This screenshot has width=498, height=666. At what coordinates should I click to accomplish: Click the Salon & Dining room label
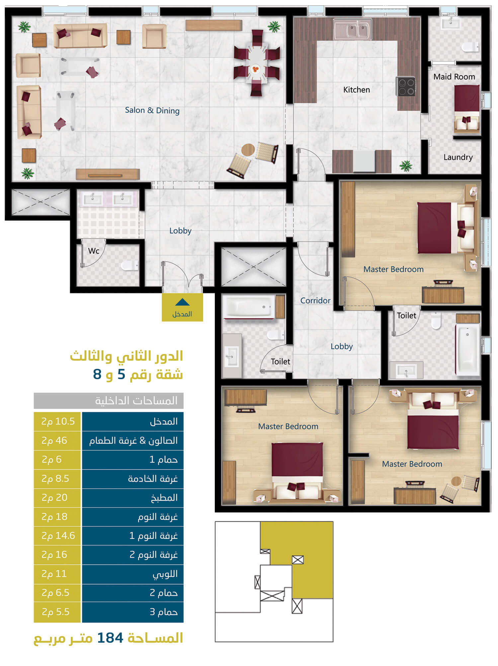coord(152,110)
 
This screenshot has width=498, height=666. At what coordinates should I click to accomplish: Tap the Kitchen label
coord(356,90)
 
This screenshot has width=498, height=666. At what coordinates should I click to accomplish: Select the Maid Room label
coord(454,77)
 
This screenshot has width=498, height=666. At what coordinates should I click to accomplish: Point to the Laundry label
coord(458,157)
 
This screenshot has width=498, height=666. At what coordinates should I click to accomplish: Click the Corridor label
coord(315,300)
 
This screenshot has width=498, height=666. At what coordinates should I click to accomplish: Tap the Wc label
coord(94,251)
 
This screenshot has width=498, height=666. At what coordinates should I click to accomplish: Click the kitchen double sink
coord(353,29)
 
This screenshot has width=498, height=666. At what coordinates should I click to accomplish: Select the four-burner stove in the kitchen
coord(406,86)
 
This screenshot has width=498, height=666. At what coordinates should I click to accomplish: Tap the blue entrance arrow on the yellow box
coord(182,302)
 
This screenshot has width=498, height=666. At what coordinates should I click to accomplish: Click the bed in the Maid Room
coord(467,109)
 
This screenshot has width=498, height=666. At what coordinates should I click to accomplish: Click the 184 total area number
coord(110,638)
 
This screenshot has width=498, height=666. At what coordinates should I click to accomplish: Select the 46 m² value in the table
coord(54,440)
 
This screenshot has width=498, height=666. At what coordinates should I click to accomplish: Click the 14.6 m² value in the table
coord(58,536)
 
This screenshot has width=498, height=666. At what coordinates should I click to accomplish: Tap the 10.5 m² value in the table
coord(58,421)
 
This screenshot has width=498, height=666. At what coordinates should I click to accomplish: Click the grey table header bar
coord(109,401)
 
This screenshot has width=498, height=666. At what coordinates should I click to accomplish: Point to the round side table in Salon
coord(248,150)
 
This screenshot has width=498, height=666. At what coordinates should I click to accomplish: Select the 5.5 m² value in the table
coord(55,612)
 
